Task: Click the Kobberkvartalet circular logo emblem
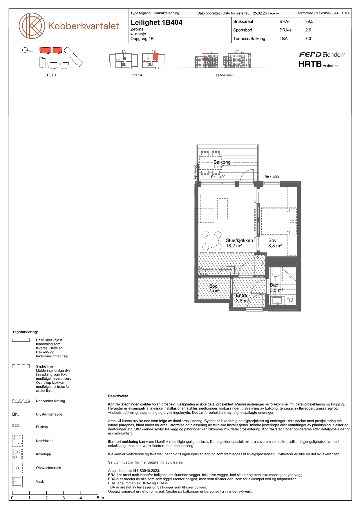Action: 32,26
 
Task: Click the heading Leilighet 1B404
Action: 156,22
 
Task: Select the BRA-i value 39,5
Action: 309,21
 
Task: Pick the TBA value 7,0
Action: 308,39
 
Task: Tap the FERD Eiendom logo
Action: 322,55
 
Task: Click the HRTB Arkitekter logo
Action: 318,64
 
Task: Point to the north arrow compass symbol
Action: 25,50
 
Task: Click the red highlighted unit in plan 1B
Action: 155,57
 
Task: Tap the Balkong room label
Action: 222,162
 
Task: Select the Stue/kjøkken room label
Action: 239,240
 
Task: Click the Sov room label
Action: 272,240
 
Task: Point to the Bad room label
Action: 274,285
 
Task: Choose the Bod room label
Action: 214,286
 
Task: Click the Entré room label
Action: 241,295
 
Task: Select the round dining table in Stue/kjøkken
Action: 212,240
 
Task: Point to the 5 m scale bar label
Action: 100,498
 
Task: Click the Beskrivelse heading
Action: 118,396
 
